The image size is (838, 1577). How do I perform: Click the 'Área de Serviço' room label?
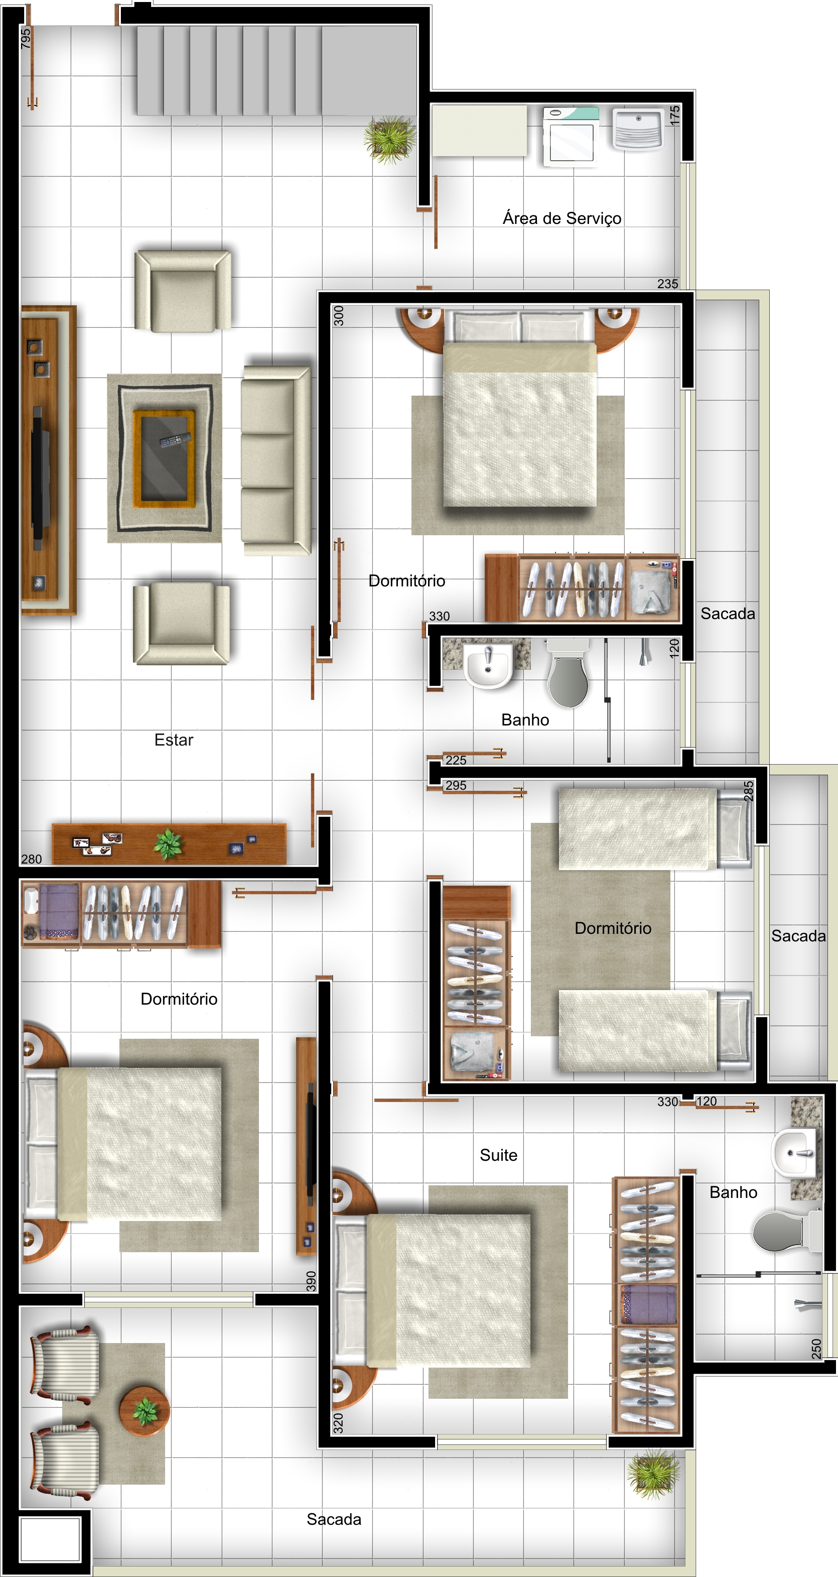[562, 218]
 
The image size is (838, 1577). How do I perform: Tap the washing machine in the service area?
[571, 136]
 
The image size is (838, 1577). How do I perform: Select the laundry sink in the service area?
[638, 129]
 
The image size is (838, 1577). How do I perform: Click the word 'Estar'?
[174, 740]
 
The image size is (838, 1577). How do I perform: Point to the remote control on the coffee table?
[175, 439]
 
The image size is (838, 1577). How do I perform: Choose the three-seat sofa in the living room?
[276, 460]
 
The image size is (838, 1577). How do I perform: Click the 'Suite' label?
[498, 1155]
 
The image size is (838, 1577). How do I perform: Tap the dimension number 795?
[25, 39]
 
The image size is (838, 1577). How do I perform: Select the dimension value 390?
[311, 1281]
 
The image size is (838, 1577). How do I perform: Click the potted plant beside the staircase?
[389, 140]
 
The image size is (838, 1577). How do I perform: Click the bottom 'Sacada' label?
[334, 1519]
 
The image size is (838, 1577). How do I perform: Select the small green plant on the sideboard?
[168, 843]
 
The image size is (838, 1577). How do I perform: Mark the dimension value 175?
[675, 115]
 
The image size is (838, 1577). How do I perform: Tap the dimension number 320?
[338, 1423]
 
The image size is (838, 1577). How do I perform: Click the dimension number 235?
[667, 284]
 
